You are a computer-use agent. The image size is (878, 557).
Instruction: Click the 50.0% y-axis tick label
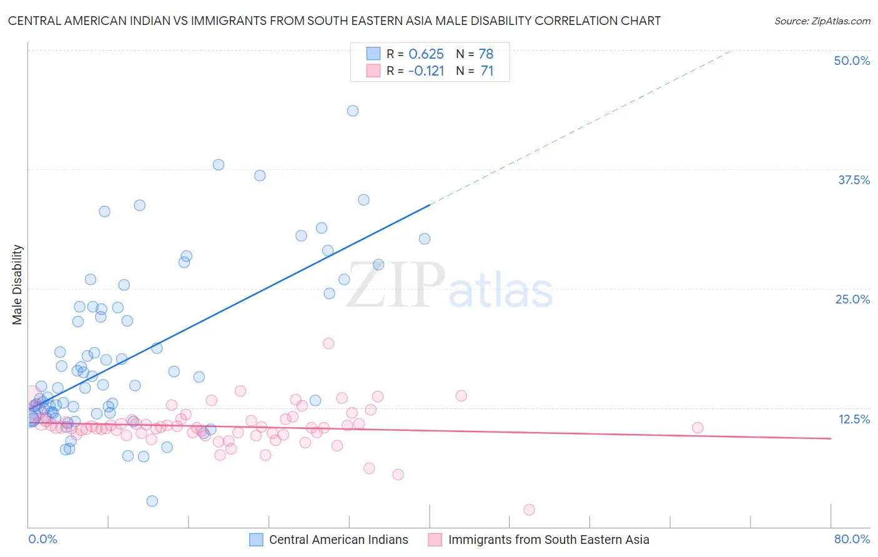pos(852,61)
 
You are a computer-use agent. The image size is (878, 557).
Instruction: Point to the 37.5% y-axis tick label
pos(854,180)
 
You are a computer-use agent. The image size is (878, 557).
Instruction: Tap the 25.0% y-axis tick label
pos(852,299)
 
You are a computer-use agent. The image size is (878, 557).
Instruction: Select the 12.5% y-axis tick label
pos(854,419)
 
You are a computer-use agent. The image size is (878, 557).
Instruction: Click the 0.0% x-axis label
pos(42,539)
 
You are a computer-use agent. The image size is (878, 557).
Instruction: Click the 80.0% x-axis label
pos(852,539)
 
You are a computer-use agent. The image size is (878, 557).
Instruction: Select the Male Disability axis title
pos(17,284)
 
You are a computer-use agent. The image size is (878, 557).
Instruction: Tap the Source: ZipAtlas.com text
pos(822,21)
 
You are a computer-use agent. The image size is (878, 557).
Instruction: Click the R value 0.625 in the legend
pos(426,54)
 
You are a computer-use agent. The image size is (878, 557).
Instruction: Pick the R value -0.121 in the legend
pos(426,71)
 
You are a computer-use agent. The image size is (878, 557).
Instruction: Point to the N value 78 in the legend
pos(486,54)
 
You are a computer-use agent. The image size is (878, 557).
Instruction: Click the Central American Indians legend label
pos(338,540)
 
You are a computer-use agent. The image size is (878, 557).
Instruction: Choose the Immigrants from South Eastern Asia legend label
pos(548,540)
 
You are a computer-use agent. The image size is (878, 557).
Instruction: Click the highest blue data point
pos(353,111)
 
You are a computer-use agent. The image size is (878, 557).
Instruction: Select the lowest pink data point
pos(529,510)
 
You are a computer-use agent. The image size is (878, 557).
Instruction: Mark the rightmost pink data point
pos(698,428)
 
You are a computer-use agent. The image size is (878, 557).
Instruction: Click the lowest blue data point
pos(152,501)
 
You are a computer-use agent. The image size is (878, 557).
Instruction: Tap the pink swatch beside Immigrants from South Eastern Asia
pos(435,540)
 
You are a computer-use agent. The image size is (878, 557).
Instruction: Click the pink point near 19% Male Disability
pos(328,343)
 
